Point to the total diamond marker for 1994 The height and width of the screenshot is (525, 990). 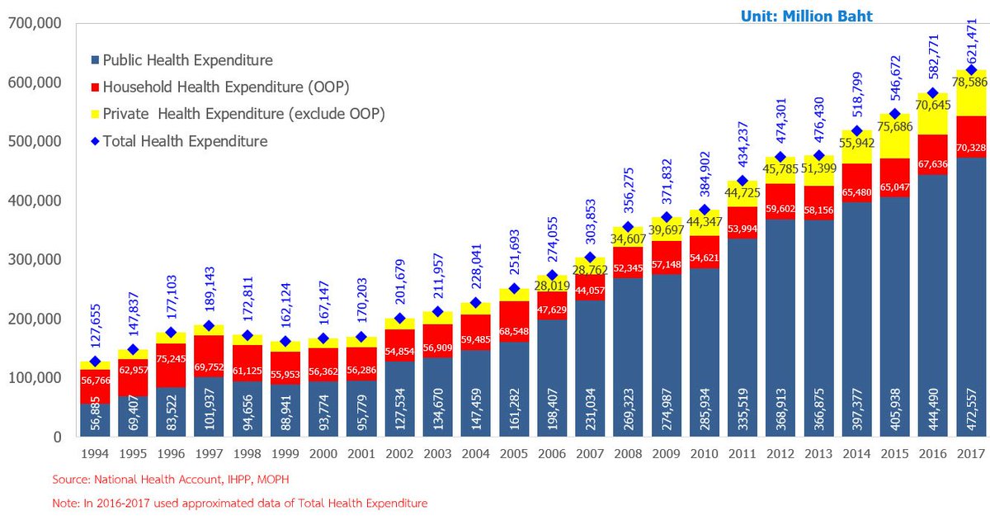[96, 362]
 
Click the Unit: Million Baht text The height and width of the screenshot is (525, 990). [794, 16]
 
